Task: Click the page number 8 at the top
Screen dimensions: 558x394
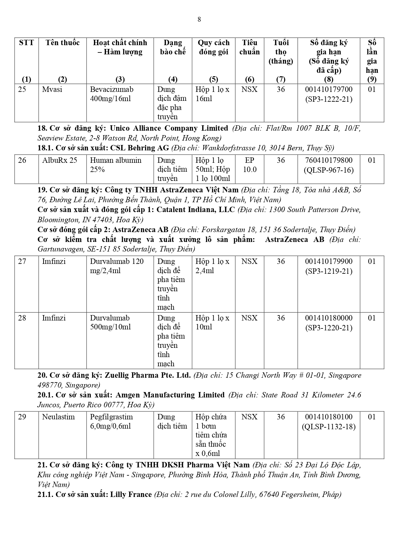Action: [x=199, y=19]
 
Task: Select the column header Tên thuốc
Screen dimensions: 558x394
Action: [x=63, y=43]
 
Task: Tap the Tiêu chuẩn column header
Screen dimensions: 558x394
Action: [x=250, y=47]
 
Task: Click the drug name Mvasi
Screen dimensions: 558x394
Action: [x=52, y=89]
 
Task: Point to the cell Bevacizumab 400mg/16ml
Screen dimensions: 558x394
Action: [x=112, y=94]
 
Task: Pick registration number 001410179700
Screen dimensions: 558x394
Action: [x=329, y=89]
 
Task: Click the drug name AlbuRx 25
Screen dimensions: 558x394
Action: [x=60, y=160]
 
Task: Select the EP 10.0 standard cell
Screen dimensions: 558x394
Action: [x=250, y=165]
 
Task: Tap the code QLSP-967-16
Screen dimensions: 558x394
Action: [x=329, y=170]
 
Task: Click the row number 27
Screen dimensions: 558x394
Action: [x=22, y=261]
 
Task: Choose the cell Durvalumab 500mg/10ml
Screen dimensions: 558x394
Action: [x=110, y=322]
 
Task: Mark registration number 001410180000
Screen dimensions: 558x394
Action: [x=329, y=318]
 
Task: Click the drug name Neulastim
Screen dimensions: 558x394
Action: [x=58, y=417]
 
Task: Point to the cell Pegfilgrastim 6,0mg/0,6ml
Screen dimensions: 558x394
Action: [x=111, y=421]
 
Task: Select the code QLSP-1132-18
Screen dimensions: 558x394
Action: [x=329, y=427]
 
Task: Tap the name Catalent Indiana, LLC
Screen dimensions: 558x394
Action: [x=196, y=210]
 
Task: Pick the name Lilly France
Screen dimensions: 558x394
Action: [x=131, y=494]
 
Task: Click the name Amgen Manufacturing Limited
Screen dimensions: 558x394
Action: [x=170, y=395]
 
